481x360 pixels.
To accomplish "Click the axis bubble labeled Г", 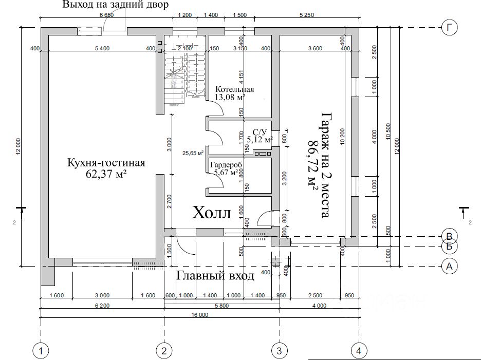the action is pyautogui.click(x=449, y=28).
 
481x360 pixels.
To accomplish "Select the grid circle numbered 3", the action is pyautogui.click(x=280, y=351).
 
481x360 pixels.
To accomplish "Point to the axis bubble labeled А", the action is pyautogui.click(x=449, y=266).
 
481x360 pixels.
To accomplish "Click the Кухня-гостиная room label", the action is pyautogui.click(x=106, y=163).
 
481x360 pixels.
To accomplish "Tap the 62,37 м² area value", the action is pyautogui.click(x=106, y=175).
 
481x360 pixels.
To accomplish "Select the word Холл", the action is pyautogui.click(x=212, y=213).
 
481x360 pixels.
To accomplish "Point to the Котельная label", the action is pyautogui.click(x=234, y=88).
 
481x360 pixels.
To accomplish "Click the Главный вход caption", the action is pyautogui.click(x=215, y=276).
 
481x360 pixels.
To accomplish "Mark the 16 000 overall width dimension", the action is pyautogui.click(x=199, y=315).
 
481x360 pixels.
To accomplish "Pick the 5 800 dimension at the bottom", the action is pyautogui.click(x=221, y=306).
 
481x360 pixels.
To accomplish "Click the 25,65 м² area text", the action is pyautogui.click(x=193, y=153).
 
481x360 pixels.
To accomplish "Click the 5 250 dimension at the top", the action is pyautogui.click(x=305, y=15).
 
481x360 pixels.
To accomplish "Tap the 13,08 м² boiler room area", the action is pyautogui.click(x=230, y=97).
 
